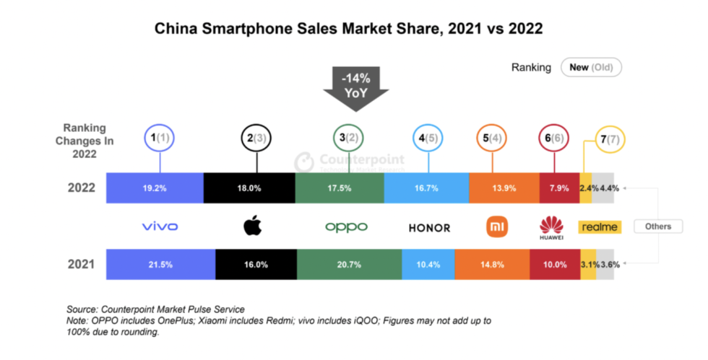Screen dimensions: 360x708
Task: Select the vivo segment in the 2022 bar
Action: [155, 188]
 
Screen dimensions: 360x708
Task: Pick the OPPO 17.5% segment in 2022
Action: [340, 188]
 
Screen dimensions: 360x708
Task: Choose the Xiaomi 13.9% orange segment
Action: [504, 188]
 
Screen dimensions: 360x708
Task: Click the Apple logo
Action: [252, 226]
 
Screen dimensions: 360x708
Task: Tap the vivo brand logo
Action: [159, 227]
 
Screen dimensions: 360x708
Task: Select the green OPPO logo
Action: [346, 227]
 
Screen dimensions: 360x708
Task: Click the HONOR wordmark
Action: [429, 228]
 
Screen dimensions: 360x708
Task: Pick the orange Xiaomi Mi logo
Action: [496, 227]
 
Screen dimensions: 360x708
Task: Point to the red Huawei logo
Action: [551, 227]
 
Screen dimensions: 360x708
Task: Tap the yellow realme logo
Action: [598, 227]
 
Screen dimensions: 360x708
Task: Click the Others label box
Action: [658, 226]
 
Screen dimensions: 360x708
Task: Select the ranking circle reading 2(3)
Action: [256, 138]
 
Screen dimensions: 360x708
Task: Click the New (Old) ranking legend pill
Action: [591, 68]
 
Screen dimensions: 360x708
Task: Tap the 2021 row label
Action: [81, 264]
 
